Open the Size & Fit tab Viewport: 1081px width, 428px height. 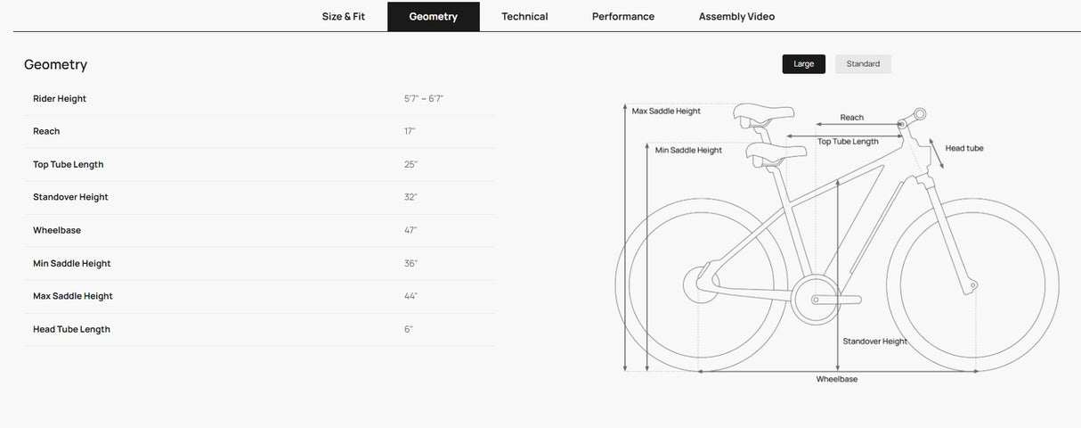point(343,16)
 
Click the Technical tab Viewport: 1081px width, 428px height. point(524,16)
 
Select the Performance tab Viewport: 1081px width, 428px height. point(623,16)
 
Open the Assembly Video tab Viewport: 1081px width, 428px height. point(736,16)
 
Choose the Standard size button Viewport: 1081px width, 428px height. point(863,64)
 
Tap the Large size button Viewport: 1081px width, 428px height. point(803,64)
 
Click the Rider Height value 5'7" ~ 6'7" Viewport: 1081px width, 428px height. point(423,99)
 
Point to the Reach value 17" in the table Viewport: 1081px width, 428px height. point(410,131)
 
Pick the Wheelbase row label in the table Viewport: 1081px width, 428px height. point(57,230)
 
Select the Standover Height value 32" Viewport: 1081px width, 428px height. point(410,197)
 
